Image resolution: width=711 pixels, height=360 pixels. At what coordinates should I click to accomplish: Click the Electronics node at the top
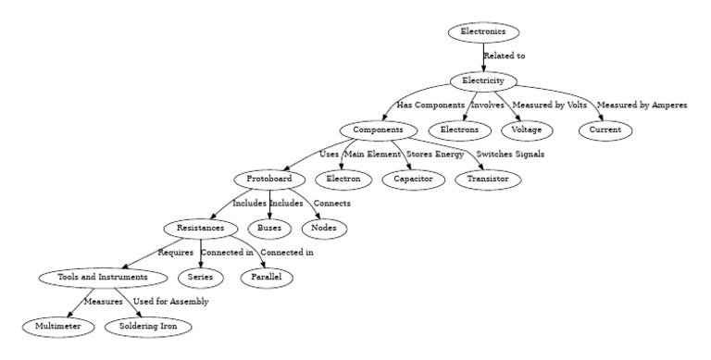(483, 32)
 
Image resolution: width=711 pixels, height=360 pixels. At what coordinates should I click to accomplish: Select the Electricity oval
(483, 81)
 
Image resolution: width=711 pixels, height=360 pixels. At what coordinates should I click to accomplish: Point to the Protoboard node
(269, 179)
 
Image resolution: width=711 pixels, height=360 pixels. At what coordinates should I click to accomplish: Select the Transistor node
(487, 179)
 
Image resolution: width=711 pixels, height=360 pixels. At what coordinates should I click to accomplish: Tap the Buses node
(269, 228)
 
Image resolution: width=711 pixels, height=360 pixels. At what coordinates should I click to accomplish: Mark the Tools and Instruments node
(94, 277)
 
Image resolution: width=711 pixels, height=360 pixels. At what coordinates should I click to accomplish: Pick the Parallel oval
(267, 277)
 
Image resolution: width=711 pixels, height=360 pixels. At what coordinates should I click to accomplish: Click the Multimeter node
(58, 326)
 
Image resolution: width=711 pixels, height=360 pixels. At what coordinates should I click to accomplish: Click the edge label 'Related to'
(505, 56)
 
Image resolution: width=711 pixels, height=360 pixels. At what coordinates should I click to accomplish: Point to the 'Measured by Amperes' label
(642, 106)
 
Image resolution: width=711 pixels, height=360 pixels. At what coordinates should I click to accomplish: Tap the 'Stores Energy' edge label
(435, 154)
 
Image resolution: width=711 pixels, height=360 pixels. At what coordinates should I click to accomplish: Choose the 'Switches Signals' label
(510, 154)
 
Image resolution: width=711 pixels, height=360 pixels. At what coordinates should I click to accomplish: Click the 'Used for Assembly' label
(170, 302)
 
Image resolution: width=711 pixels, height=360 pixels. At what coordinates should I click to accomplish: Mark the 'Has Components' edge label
(430, 106)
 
